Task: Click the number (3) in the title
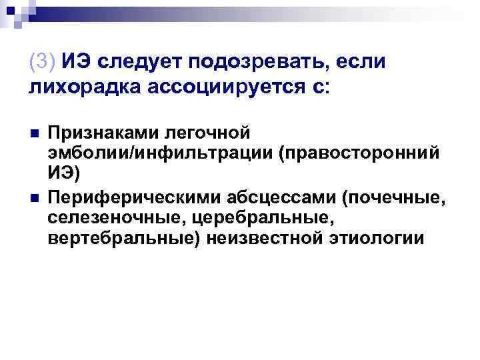click(x=44, y=62)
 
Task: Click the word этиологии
click(x=375, y=240)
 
